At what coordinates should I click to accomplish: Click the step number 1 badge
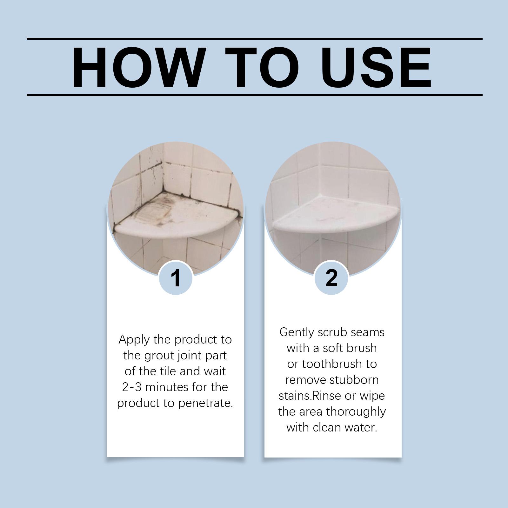[x=175, y=278]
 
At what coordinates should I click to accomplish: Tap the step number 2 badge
[x=331, y=278]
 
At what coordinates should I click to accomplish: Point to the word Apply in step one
[x=134, y=340]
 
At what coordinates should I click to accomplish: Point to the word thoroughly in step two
[x=356, y=412]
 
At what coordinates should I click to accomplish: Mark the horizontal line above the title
[x=255, y=39]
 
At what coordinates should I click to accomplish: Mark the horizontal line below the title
[x=255, y=95]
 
